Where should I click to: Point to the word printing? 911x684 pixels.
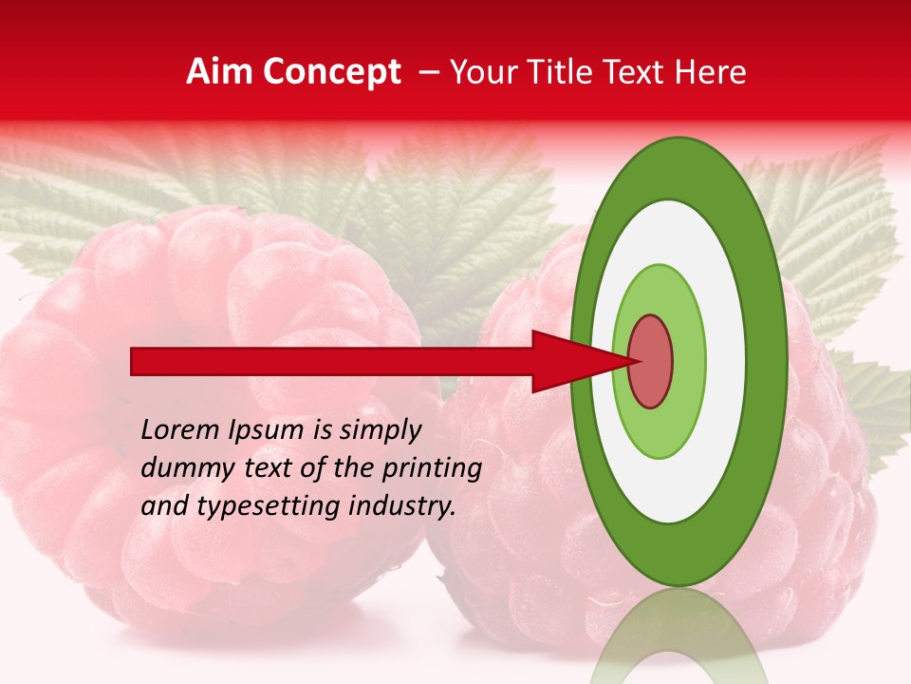[x=432, y=469]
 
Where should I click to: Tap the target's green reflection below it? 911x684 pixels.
[x=679, y=636]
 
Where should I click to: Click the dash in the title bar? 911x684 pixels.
[x=429, y=72]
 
